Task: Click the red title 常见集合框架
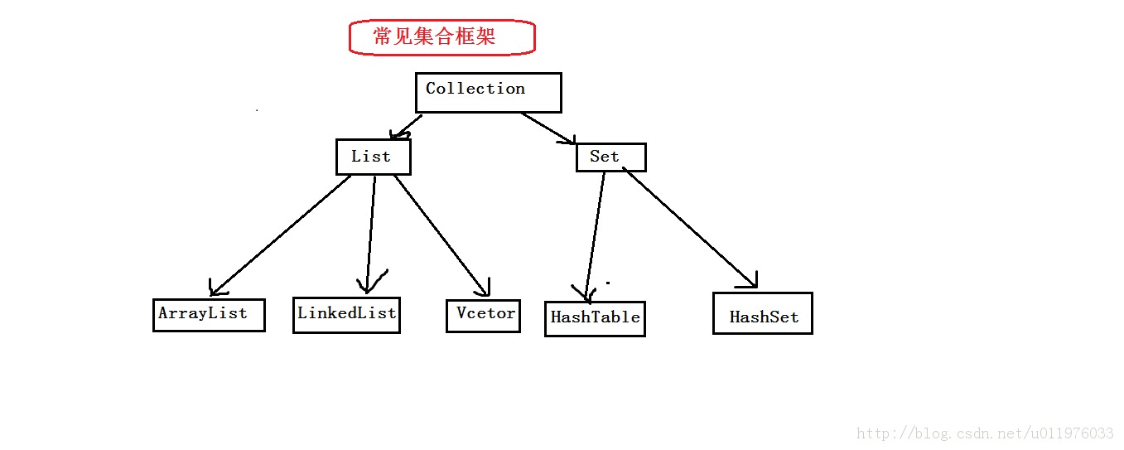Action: pos(441,37)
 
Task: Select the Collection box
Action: pos(488,92)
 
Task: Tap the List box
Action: pos(373,157)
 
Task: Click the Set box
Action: pos(610,157)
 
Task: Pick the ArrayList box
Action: pos(209,315)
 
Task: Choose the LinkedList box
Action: pos(346,315)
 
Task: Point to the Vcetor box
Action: pos(483,315)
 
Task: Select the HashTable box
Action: pos(594,318)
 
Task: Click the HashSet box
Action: pos(762,313)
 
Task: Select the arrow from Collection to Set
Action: pos(547,128)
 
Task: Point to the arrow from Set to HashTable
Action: pos(596,232)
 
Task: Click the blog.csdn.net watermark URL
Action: pos(985,433)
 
